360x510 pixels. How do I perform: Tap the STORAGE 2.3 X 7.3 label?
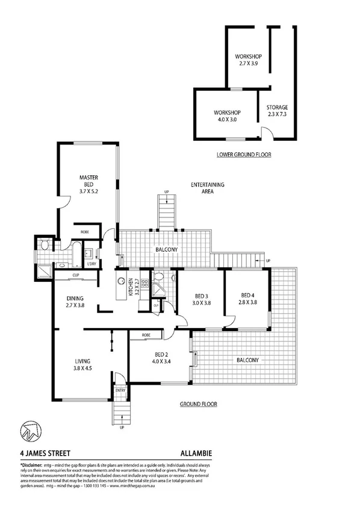(x=277, y=111)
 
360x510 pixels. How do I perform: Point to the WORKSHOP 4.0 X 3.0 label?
(x=228, y=116)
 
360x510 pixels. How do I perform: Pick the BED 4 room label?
(x=247, y=299)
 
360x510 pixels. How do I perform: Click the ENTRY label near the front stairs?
(x=121, y=390)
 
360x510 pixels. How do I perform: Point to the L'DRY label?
(x=92, y=264)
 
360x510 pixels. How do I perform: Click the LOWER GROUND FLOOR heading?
(x=244, y=155)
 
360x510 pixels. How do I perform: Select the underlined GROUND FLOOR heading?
(x=199, y=404)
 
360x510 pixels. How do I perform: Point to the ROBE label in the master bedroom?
(x=86, y=231)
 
